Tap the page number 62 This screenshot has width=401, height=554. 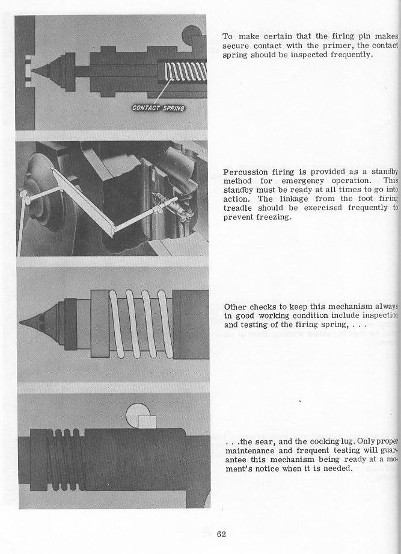click(221, 534)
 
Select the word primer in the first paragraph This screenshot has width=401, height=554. click(340, 46)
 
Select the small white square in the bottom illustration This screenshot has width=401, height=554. click(146, 421)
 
